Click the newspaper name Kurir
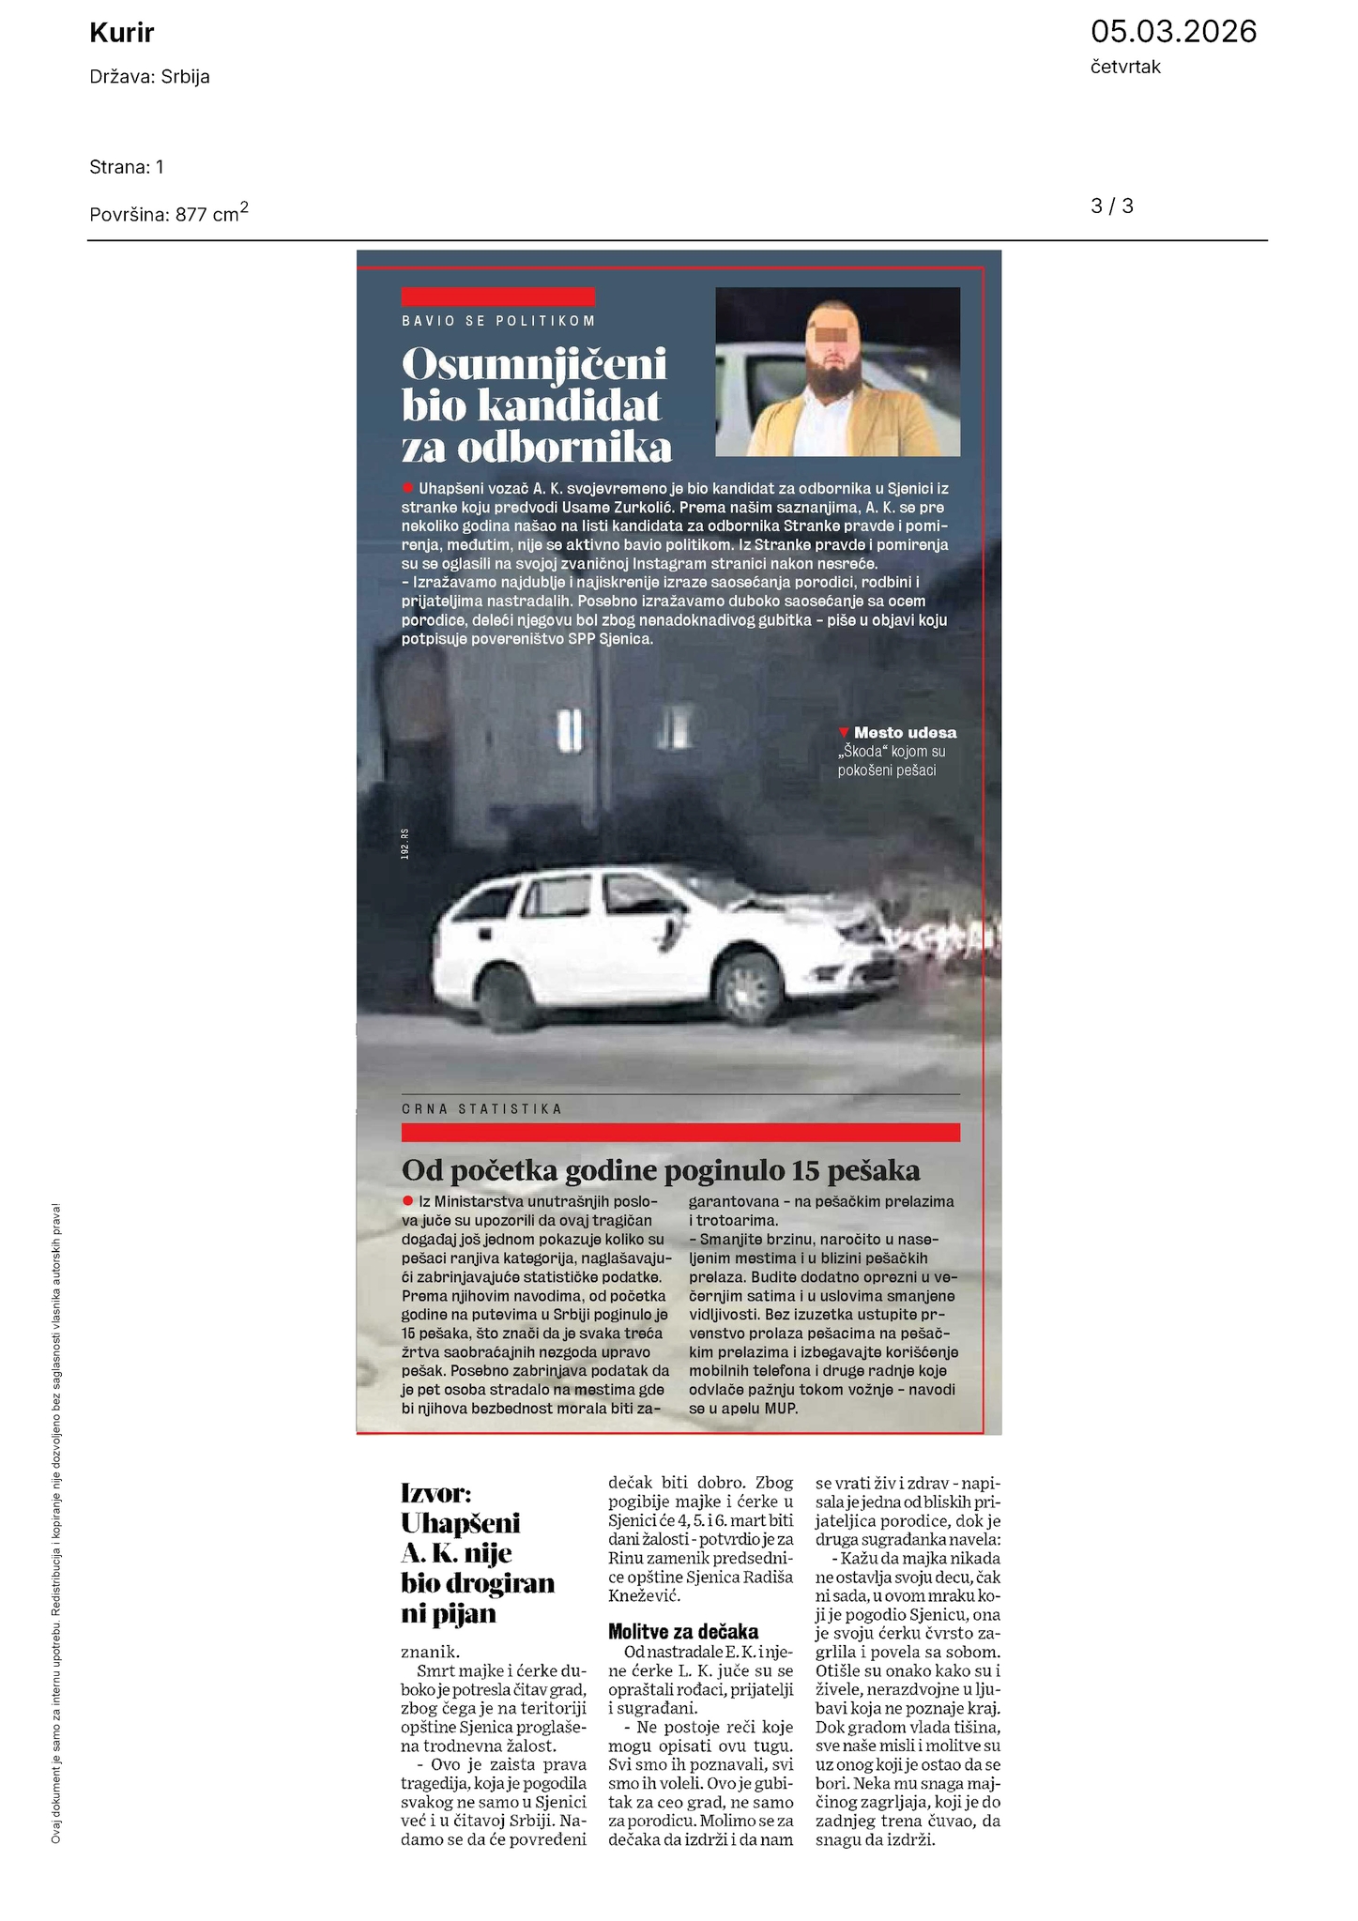pyautogui.click(x=121, y=34)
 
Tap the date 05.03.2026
pyautogui.click(x=1172, y=32)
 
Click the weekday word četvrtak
pyautogui.click(x=1125, y=68)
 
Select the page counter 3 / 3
pyautogui.click(x=1111, y=206)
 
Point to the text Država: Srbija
pyautogui.click(x=149, y=77)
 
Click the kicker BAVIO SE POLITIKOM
pyautogui.click(x=498, y=321)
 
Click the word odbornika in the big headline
pyautogui.click(x=564, y=449)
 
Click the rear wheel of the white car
pyautogui.click(x=509, y=997)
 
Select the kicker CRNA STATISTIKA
pyautogui.click(x=481, y=1108)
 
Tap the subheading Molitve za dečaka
pyautogui.click(x=682, y=1631)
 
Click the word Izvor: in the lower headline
pyautogui.click(x=435, y=1492)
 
